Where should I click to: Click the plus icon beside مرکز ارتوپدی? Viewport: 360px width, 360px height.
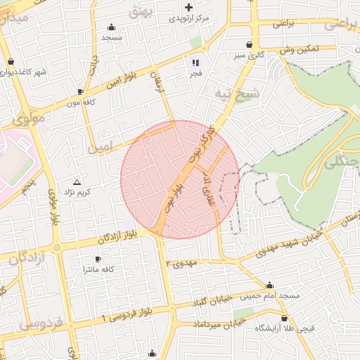[188, 7]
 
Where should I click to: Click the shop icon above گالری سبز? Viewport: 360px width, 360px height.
[250, 44]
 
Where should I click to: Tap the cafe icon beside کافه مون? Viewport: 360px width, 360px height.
[80, 91]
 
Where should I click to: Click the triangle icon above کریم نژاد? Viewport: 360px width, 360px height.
[77, 181]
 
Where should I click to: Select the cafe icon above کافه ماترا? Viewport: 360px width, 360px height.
[98, 258]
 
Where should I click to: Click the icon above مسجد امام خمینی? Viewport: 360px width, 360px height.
[269, 285]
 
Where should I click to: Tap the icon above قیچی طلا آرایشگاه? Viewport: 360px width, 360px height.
[284, 318]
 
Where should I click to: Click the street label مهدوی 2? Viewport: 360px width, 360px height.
[184, 263]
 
